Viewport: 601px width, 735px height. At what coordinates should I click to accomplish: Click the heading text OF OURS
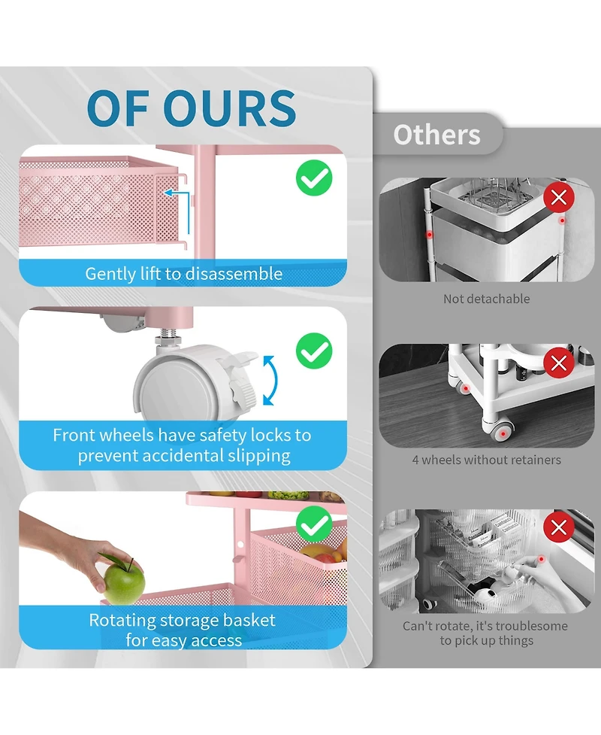point(192,108)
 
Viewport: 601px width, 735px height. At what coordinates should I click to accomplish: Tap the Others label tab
point(436,135)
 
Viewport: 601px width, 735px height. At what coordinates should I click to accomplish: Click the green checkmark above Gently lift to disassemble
point(314,178)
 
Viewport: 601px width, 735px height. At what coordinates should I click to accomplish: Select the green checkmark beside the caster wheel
point(314,351)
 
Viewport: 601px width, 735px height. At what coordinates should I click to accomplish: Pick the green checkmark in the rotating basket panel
point(314,524)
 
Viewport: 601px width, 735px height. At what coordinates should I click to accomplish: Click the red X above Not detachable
point(559,197)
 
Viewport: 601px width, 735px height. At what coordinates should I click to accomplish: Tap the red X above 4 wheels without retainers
point(559,363)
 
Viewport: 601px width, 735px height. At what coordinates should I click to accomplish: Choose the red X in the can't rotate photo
point(559,528)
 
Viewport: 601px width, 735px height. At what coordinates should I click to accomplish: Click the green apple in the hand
point(123,582)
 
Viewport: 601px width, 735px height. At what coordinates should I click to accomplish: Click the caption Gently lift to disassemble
point(183,274)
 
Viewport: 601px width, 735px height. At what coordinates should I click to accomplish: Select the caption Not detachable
point(486,299)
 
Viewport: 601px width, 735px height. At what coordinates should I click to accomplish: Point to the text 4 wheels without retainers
point(486,460)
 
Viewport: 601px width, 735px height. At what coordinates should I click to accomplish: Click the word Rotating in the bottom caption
point(122,621)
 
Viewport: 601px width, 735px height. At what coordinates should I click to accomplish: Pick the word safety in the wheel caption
point(222,436)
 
